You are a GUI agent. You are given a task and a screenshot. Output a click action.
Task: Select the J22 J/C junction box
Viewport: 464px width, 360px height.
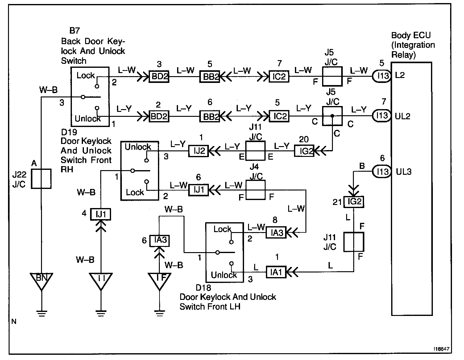[41, 179]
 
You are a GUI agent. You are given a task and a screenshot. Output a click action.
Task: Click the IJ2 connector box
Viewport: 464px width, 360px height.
[198, 151]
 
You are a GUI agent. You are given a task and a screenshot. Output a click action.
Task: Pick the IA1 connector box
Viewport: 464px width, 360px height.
[276, 272]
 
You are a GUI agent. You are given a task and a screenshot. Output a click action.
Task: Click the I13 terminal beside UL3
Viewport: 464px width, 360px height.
[382, 172]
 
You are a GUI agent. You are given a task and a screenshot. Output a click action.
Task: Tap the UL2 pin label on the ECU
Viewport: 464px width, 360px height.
[403, 116]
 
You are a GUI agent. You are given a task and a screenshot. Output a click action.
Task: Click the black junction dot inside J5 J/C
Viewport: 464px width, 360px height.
[332, 116]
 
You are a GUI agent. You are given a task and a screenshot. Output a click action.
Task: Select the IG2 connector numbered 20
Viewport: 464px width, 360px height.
[304, 151]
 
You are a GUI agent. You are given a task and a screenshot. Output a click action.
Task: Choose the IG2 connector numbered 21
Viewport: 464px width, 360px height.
[354, 202]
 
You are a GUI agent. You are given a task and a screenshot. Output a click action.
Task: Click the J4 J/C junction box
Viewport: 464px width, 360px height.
[255, 190]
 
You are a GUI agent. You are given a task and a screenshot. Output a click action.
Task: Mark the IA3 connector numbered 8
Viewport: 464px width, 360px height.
[276, 232]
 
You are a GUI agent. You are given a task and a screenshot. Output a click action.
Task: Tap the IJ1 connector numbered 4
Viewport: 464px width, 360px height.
[101, 214]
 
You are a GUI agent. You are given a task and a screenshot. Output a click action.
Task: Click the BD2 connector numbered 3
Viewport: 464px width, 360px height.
[159, 76]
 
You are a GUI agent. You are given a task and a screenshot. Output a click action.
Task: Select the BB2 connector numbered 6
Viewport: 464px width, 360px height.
[210, 116]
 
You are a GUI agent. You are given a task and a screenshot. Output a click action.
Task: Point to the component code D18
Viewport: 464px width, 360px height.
[203, 288]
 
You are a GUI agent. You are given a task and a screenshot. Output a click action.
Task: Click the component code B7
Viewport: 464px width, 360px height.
[75, 31]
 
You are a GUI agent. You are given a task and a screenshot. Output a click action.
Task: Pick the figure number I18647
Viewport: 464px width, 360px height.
[441, 349]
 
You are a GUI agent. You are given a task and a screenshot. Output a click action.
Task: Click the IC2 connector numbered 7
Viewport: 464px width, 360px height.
[279, 76]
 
